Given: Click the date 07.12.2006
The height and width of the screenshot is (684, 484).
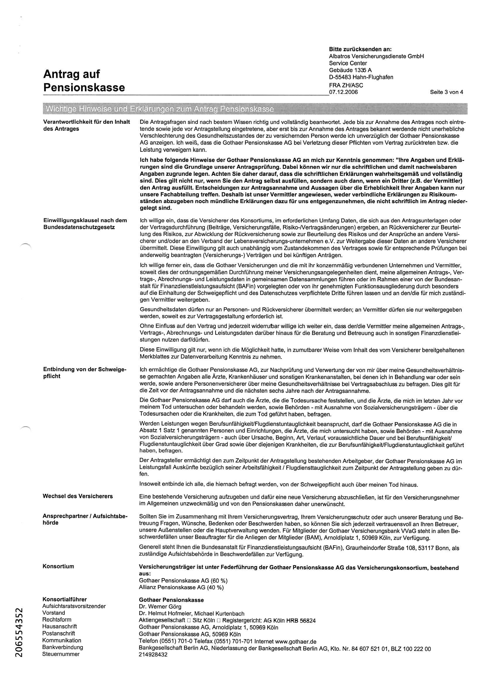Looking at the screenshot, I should click(x=343, y=92).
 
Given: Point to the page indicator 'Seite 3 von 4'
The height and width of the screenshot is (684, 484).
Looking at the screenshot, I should click(x=446, y=92).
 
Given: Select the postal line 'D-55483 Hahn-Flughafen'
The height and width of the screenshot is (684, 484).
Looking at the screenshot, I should click(x=361, y=78).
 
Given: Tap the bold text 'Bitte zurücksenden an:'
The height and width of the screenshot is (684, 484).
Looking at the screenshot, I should click(x=360, y=49).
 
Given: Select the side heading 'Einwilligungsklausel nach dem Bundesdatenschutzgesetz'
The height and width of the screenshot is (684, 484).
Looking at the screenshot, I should click(x=85, y=224).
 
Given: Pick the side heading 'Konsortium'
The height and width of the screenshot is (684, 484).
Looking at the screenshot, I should click(x=59, y=566).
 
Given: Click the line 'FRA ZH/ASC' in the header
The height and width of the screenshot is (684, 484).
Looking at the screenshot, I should click(x=346, y=85).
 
